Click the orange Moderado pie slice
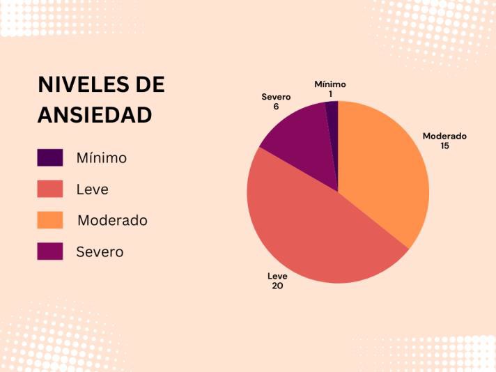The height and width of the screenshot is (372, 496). coord(383,174)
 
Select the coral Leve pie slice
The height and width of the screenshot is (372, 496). coord(313,230)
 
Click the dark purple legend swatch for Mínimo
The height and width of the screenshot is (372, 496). coord(50,157)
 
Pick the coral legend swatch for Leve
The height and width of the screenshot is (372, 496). coord(50,189)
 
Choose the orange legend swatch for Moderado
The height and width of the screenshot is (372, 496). coord(50,220)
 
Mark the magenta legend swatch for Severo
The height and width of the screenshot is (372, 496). coord(50,251)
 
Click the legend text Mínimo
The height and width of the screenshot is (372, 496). coord(102,158)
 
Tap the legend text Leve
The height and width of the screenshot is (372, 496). coord(93,189)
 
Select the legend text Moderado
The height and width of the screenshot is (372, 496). coord(112,221)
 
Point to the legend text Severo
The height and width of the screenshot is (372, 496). coord(100,252)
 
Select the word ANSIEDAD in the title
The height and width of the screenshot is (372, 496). coord(95,115)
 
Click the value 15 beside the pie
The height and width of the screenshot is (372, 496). coord(444,146)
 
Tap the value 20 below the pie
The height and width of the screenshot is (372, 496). coord(277,286)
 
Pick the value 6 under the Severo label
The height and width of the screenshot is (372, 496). coord(276,107)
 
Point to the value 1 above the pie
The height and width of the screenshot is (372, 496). coord(330,93)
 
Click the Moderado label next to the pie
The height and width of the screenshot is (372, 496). coord(444,136)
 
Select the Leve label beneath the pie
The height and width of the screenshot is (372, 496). coord(277,276)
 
